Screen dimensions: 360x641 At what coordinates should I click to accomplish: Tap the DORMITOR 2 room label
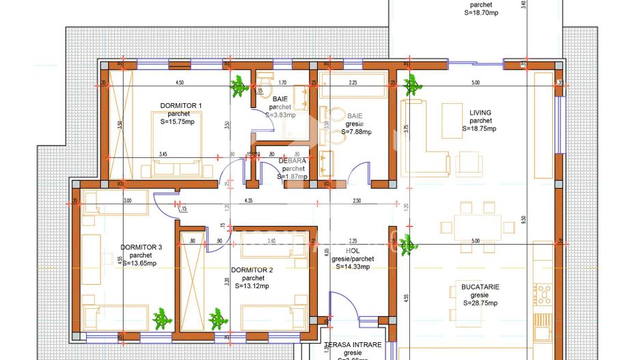[251, 271]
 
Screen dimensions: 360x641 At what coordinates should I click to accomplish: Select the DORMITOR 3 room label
[141, 247]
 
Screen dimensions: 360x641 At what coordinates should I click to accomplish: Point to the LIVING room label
[480, 113]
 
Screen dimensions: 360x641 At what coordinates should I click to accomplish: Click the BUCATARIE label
[479, 288]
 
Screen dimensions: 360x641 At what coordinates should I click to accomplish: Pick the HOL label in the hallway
[353, 251]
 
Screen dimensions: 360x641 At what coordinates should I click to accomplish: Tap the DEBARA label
[292, 161]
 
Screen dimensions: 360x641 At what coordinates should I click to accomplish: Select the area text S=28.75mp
[479, 303]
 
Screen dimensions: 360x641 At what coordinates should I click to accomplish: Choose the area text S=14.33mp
[353, 267]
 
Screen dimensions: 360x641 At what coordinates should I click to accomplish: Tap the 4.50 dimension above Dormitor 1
[180, 83]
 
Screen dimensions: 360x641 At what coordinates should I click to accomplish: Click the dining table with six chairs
[478, 225]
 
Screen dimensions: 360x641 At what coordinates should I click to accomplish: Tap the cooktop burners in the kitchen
[544, 294]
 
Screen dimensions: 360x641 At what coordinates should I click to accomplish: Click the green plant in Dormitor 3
[161, 318]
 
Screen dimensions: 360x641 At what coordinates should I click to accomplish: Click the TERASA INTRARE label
[353, 345]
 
